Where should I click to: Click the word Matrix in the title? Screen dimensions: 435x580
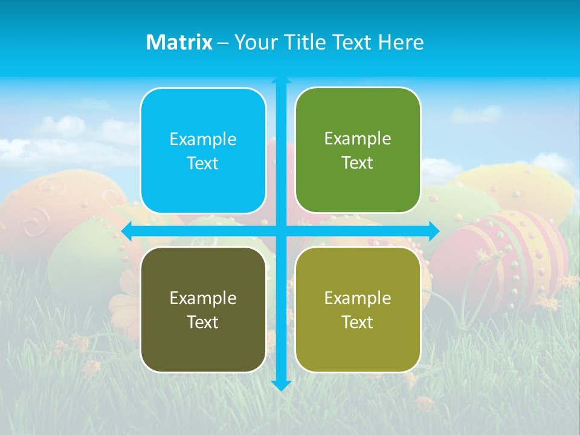pyautogui.click(x=179, y=42)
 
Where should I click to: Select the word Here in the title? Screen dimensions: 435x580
pyautogui.click(x=401, y=42)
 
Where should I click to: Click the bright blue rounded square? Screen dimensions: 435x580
pyautogui.click(x=203, y=150)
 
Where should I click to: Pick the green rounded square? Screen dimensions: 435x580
pyautogui.click(x=358, y=150)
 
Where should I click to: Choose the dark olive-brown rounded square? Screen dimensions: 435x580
pyautogui.click(x=203, y=309)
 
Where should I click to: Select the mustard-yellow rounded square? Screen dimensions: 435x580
pyautogui.click(x=358, y=309)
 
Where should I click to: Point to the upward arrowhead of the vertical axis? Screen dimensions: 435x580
pyautogui.click(x=281, y=80)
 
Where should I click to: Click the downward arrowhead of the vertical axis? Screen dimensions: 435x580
pyautogui.click(x=281, y=385)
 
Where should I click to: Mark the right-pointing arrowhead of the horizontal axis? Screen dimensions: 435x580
pyautogui.click(x=434, y=231)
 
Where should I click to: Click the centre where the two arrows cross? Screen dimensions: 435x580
pyautogui.click(x=281, y=231)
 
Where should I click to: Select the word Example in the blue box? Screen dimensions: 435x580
pyautogui.click(x=203, y=139)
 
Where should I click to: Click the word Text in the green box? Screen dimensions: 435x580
pyautogui.click(x=358, y=163)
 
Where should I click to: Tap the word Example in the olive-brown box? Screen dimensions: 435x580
pyautogui.click(x=203, y=298)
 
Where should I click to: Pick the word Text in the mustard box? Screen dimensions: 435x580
pyautogui.click(x=358, y=322)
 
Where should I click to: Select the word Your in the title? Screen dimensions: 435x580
pyautogui.click(x=254, y=42)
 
